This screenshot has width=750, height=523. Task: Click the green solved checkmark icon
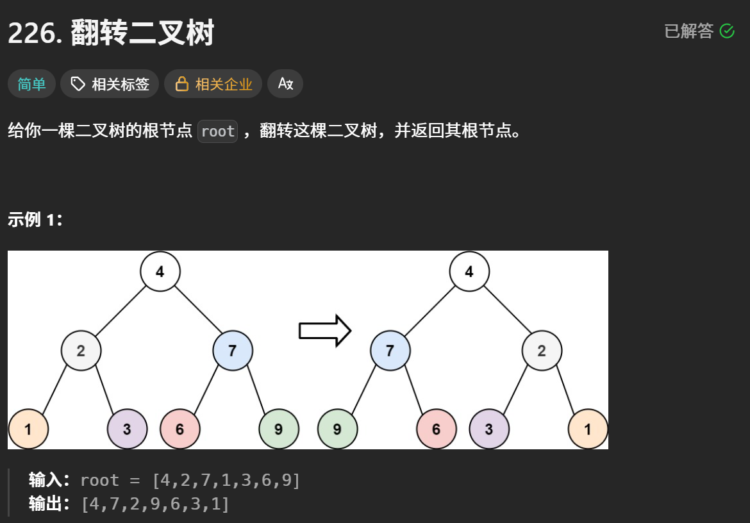pyautogui.click(x=726, y=31)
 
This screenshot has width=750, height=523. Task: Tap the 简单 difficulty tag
pyautogui.click(x=31, y=84)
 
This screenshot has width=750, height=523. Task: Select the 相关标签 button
pyautogui.click(x=110, y=84)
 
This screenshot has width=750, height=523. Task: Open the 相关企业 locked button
pyautogui.click(x=213, y=84)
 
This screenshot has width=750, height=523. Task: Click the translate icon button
pyautogui.click(x=285, y=84)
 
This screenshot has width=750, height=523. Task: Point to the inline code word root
pyautogui.click(x=218, y=131)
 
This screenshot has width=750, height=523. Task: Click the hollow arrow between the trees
pyautogui.click(x=325, y=330)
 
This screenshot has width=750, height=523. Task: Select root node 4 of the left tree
pyautogui.click(x=160, y=272)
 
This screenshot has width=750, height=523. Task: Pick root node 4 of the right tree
pyautogui.click(x=469, y=272)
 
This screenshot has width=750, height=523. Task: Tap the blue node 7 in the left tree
pyautogui.click(x=233, y=351)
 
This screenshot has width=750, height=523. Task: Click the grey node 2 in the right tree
pyautogui.click(x=542, y=351)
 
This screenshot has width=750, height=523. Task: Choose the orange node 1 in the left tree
pyautogui.click(x=28, y=429)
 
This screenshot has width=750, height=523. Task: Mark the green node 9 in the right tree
pyautogui.click(x=337, y=429)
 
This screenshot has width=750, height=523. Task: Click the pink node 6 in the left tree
pyautogui.click(x=180, y=429)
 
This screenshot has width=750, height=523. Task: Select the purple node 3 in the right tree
pyautogui.click(x=489, y=429)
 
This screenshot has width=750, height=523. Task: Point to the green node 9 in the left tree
pyautogui.click(x=279, y=429)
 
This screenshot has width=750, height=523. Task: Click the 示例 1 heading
pyautogui.click(x=35, y=220)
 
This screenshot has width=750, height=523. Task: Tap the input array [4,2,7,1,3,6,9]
pyautogui.click(x=226, y=480)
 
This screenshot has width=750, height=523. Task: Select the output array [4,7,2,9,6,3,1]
pyautogui.click(x=156, y=504)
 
